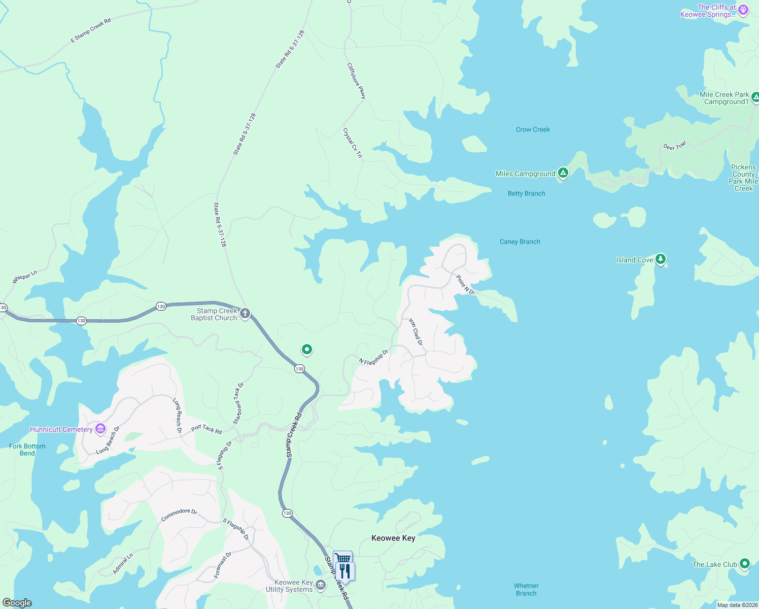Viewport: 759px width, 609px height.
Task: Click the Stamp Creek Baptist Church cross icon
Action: click(x=245, y=314)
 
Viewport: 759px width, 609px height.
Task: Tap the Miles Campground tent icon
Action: click(x=563, y=173)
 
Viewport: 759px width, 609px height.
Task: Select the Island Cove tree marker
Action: click(x=660, y=259)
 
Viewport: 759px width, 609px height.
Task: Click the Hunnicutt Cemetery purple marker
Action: click(x=100, y=429)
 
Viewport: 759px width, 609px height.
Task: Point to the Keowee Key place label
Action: click(x=393, y=538)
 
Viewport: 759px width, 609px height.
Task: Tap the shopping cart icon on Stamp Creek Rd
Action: click(x=343, y=558)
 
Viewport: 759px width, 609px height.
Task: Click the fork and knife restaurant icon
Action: click(x=344, y=571)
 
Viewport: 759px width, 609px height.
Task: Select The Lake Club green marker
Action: click(x=744, y=564)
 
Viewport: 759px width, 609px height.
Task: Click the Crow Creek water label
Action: click(x=533, y=129)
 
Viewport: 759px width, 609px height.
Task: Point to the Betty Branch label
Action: click(x=526, y=193)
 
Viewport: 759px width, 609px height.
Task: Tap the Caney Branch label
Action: click(x=520, y=242)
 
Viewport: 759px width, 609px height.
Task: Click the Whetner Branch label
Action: click(x=526, y=589)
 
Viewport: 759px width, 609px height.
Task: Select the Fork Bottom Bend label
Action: click(x=27, y=450)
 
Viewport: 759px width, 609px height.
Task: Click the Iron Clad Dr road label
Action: click(x=416, y=332)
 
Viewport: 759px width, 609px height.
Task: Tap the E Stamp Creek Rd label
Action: click(x=90, y=31)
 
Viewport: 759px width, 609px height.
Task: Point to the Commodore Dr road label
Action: click(x=179, y=515)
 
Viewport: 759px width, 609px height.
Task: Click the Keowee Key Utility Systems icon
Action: click(x=321, y=585)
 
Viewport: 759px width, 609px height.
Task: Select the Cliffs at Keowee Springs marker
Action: click(x=743, y=10)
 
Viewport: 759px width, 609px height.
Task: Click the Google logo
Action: click(x=17, y=603)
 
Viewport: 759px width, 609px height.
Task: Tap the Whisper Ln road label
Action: click(x=24, y=278)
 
